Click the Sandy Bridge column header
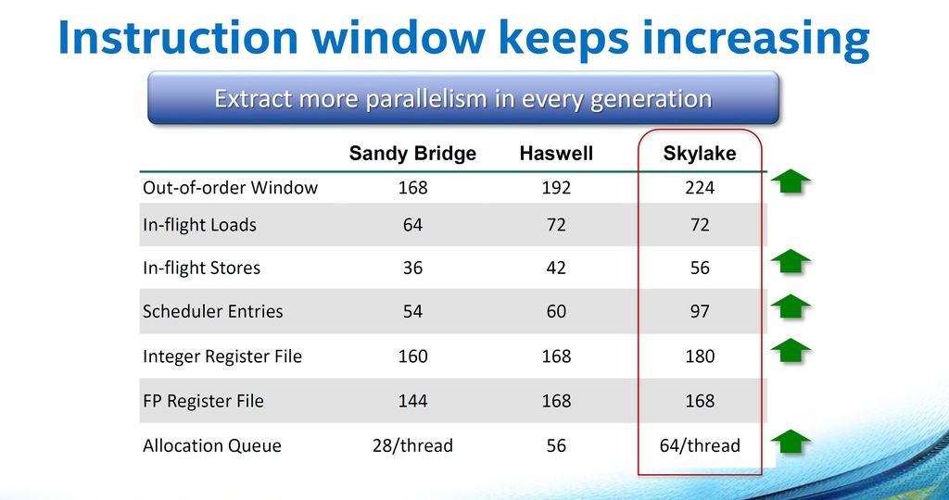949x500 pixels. (x=412, y=154)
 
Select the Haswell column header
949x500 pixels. (x=556, y=154)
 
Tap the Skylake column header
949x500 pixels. (x=700, y=154)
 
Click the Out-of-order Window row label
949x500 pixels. (x=230, y=187)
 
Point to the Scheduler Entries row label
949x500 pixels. (x=213, y=311)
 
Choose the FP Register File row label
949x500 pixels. (x=203, y=401)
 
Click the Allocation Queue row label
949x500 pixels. (x=212, y=446)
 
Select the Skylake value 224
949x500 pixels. (x=700, y=188)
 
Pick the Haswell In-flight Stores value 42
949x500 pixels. (x=556, y=268)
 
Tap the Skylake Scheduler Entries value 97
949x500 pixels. (x=700, y=311)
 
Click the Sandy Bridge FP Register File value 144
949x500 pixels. (x=412, y=401)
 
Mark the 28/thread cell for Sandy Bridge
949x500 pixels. (x=412, y=446)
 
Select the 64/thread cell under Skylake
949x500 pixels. (x=700, y=446)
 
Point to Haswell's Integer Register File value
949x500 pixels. (x=556, y=356)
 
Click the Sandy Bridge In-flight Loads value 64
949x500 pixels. (x=412, y=225)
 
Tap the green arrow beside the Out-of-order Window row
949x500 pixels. (x=791, y=181)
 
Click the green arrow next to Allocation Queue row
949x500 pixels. (x=791, y=442)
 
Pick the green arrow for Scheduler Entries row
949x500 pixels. (x=791, y=306)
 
